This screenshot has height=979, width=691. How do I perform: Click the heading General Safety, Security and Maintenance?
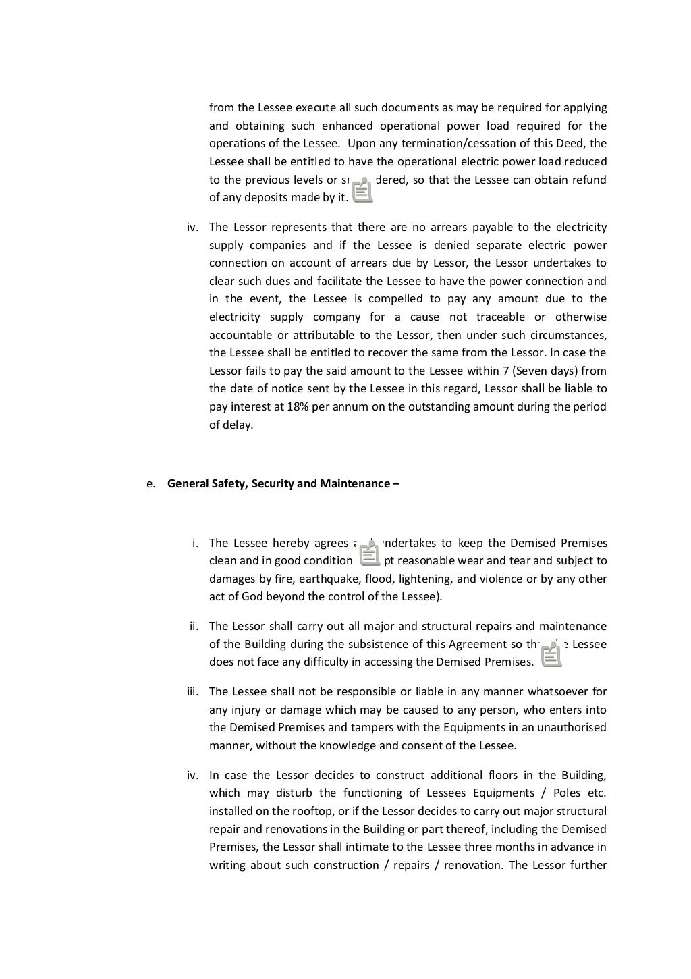(x=282, y=483)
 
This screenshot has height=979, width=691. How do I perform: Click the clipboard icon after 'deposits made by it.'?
(x=362, y=190)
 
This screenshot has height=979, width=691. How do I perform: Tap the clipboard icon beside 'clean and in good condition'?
(x=369, y=554)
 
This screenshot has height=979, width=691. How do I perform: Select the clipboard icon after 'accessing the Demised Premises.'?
(x=551, y=654)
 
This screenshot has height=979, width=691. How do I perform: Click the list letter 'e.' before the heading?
(x=151, y=483)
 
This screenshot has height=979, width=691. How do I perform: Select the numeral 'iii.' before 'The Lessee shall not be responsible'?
(x=192, y=691)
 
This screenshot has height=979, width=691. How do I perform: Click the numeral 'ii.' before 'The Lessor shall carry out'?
(x=194, y=626)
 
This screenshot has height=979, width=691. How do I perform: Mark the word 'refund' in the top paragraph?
(x=589, y=180)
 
